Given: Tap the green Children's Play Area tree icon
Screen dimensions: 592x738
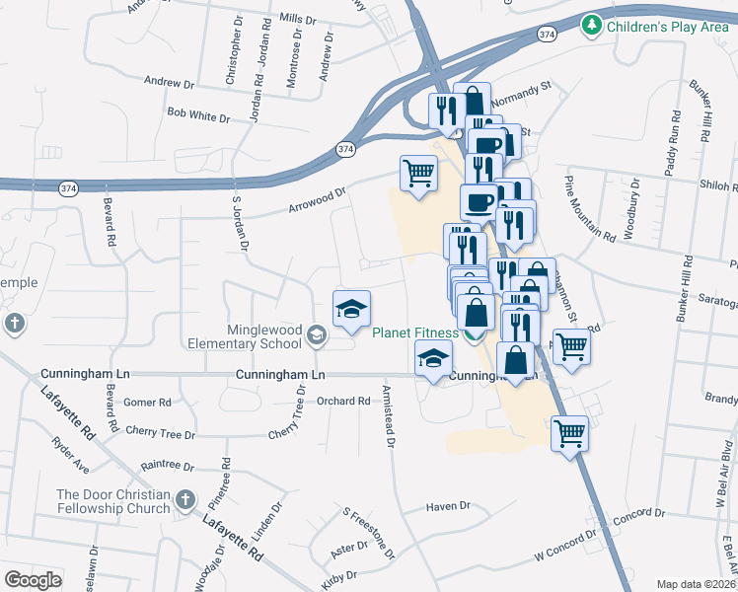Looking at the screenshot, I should click(592, 24).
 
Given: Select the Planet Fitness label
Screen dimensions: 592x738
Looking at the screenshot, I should click(414, 333).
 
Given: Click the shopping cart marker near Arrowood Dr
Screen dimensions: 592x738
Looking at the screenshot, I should click(418, 174).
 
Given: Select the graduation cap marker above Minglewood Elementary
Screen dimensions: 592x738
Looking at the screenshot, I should click(351, 308).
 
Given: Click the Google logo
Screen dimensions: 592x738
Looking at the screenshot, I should click(33, 579).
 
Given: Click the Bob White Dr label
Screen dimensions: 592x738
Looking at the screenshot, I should click(197, 116).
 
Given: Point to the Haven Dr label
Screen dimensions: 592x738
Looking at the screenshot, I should click(448, 506).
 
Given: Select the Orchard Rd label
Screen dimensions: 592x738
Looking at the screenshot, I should click(342, 401).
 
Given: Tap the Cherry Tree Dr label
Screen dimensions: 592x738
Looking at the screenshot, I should click(161, 433).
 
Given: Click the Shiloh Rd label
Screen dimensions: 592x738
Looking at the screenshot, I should click(719, 187).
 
